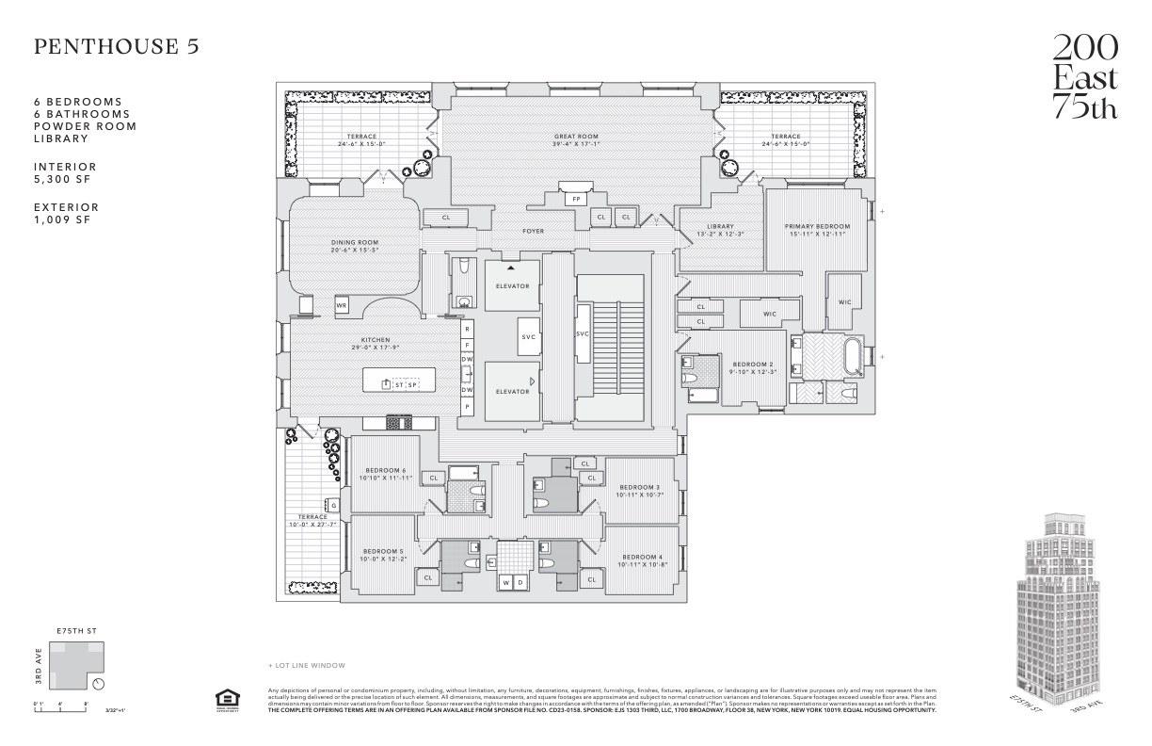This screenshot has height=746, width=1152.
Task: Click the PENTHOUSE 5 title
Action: pos(117,47)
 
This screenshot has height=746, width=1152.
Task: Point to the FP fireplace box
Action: pos(574,199)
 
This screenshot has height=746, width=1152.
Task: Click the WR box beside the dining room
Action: pos(342,305)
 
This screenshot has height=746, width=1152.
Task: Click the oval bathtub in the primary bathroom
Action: pos(854,358)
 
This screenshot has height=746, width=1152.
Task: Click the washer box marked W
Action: pos(506,583)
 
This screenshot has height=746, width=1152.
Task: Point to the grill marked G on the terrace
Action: pos(333,506)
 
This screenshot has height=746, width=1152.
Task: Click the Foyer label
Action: pos(533,231)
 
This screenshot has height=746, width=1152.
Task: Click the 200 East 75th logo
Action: pos(1084,76)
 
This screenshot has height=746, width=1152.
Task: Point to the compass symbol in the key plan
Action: pos(100,683)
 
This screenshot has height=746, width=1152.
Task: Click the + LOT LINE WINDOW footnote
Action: pos(307,665)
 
